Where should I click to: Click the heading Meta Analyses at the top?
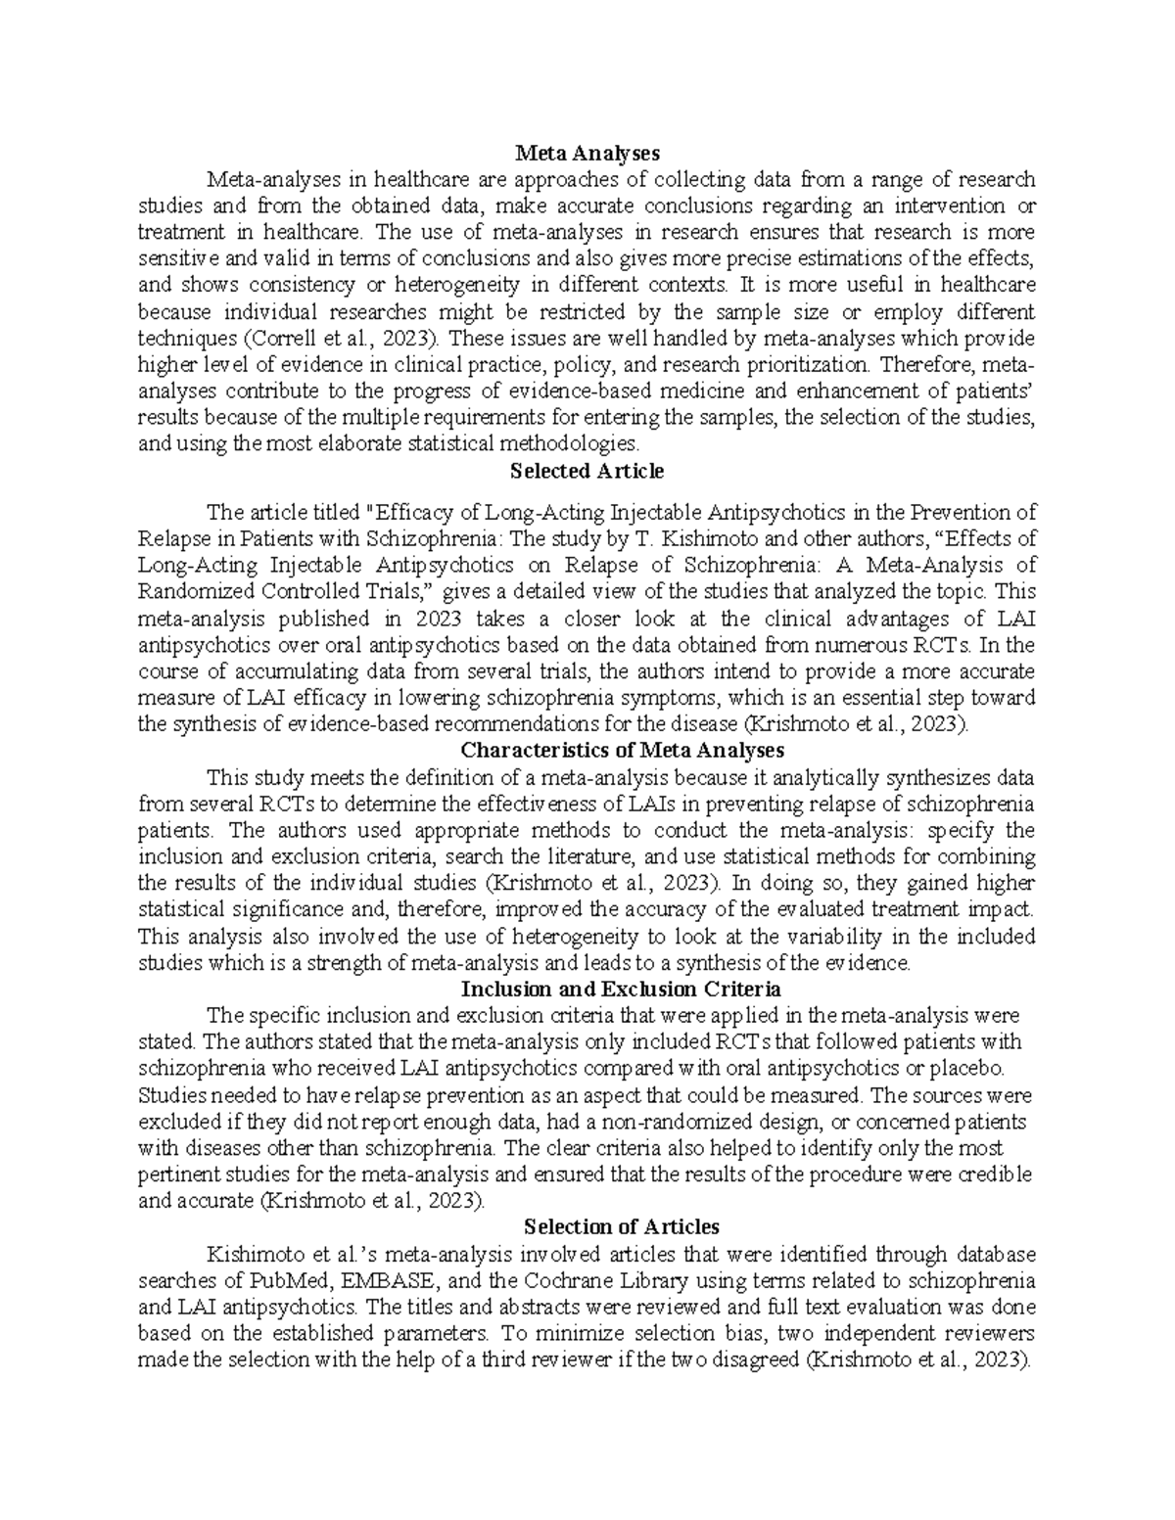(587, 153)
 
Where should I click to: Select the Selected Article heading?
(587, 471)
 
